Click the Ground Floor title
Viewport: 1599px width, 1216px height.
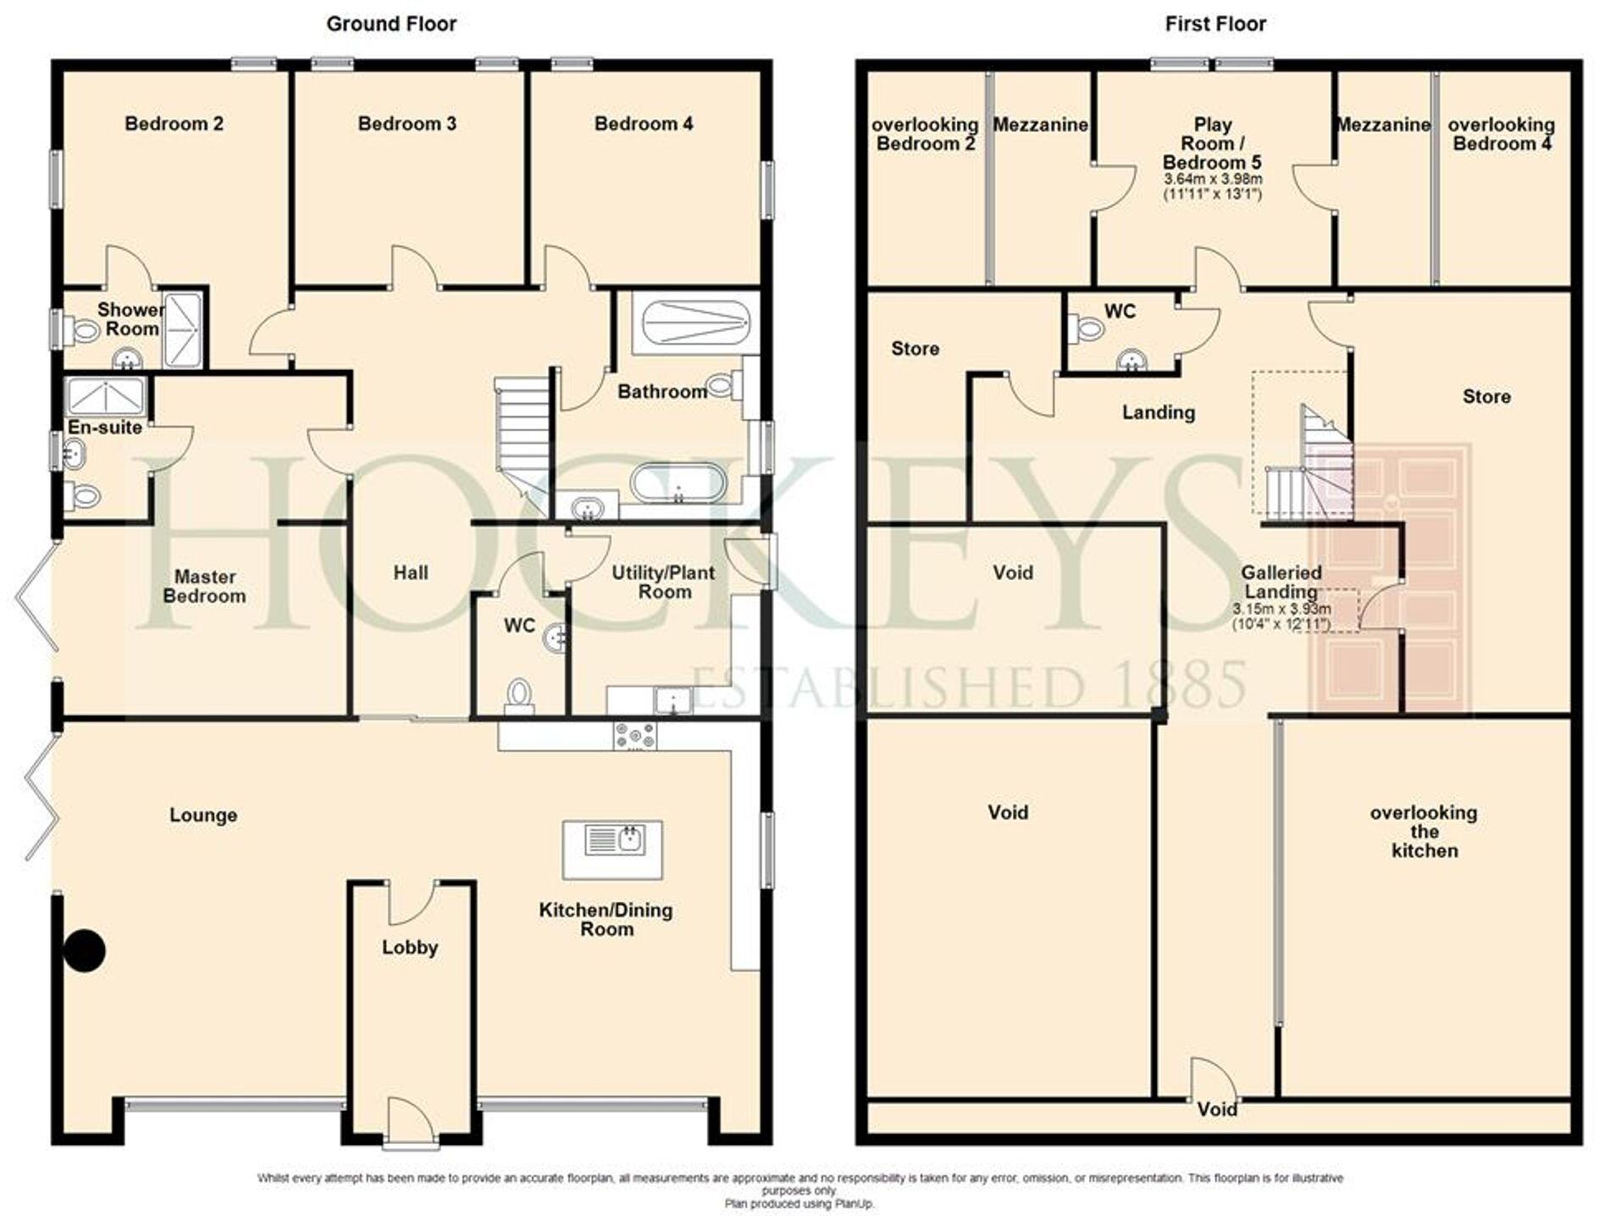pyautogui.click(x=390, y=24)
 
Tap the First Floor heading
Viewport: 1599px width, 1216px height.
pyautogui.click(x=1214, y=24)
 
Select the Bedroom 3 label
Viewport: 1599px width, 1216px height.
pyautogui.click(x=407, y=124)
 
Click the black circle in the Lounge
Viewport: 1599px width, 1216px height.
pyautogui.click(x=85, y=950)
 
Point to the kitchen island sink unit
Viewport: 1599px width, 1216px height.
pyautogui.click(x=613, y=849)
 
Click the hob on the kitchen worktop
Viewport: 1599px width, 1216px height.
pyautogui.click(x=634, y=735)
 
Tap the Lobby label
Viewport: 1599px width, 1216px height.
pyautogui.click(x=409, y=947)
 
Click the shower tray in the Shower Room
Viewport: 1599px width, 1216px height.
pyautogui.click(x=182, y=330)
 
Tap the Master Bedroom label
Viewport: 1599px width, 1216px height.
pyautogui.click(x=204, y=586)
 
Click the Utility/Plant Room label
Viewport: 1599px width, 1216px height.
pyautogui.click(x=663, y=582)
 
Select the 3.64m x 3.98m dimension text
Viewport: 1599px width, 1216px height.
pyautogui.click(x=1213, y=180)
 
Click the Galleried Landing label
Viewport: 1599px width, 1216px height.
pyautogui.click(x=1281, y=582)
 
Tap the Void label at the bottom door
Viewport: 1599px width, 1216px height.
pyautogui.click(x=1217, y=1108)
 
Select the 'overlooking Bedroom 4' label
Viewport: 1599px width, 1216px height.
pyautogui.click(x=1501, y=134)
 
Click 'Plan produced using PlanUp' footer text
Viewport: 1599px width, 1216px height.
pyautogui.click(x=799, y=1203)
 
